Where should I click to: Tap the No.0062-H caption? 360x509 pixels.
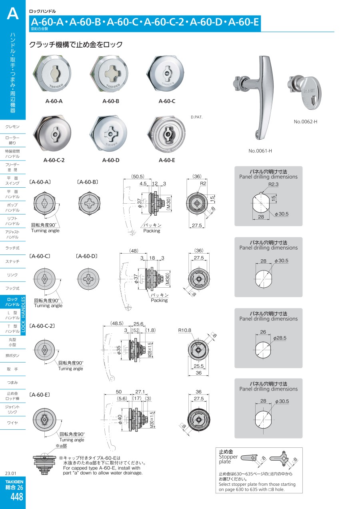point(305,122)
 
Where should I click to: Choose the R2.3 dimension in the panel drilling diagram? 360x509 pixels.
point(273,184)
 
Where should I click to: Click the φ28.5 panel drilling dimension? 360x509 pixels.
point(280,338)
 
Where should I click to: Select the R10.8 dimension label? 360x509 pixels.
point(185,331)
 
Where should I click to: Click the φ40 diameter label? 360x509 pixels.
point(120,419)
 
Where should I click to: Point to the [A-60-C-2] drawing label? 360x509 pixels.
point(42,326)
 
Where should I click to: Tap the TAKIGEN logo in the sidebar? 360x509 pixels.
point(14,481)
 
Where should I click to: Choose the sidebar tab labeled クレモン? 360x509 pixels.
point(13,127)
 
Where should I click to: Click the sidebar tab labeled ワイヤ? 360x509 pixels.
point(13,423)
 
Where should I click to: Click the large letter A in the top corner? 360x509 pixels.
point(13,14)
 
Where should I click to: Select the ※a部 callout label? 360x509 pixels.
point(61,446)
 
